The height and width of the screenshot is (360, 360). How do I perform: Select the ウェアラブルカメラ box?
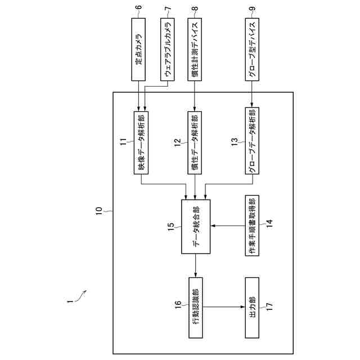(166, 51)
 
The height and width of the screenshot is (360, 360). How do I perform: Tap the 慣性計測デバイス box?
(195, 51)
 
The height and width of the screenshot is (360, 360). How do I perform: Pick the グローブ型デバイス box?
(251, 51)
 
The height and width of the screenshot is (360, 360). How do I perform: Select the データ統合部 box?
(195, 226)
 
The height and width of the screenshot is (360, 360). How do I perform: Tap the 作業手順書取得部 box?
(251, 226)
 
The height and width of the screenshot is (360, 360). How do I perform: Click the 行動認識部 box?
(195, 307)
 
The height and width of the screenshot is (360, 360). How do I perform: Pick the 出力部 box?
(251, 307)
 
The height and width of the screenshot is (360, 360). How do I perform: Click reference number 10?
(98, 211)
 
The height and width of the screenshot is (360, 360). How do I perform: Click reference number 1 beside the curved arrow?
(69, 301)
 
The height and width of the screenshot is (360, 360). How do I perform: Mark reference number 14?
(269, 222)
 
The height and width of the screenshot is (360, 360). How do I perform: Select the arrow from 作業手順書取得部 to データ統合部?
(225, 226)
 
